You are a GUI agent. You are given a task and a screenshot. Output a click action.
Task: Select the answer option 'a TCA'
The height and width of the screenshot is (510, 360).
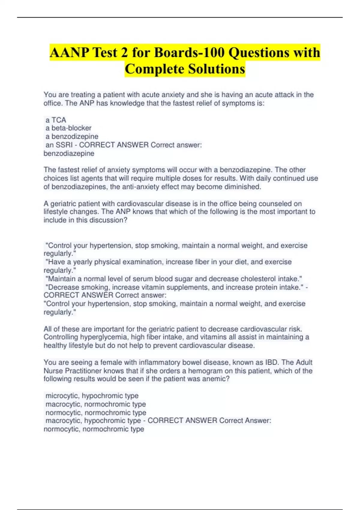(56, 120)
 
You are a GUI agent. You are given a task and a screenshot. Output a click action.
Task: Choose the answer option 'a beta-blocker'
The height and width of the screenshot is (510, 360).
(68, 128)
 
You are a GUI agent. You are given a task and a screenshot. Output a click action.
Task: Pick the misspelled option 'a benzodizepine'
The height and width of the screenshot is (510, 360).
(72, 136)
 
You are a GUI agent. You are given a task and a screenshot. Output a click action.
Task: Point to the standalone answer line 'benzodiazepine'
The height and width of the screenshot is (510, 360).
(69, 154)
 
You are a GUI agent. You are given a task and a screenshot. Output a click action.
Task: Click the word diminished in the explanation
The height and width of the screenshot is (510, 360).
(243, 187)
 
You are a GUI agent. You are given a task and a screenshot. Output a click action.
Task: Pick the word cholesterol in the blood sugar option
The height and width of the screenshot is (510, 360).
(258, 279)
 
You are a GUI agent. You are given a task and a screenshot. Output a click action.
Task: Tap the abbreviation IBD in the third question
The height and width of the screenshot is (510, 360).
(271, 362)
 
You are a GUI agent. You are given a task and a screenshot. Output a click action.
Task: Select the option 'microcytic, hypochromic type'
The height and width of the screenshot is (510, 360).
(92, 396)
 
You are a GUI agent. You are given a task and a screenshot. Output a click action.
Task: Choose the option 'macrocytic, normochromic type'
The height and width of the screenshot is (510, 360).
(96, 404)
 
